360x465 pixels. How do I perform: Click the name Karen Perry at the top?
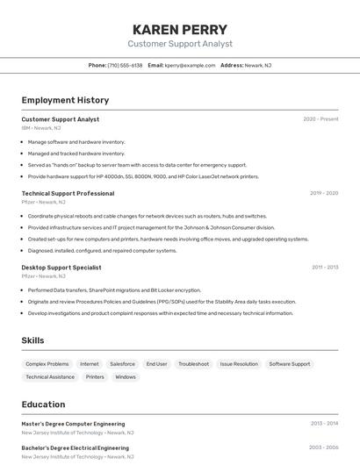click(x=180, y=29)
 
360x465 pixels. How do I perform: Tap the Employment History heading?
click(x=65, y=100)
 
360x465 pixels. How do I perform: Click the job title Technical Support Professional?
click(x=68, y=193)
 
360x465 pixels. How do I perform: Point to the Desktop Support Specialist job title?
click(x=61, y=267)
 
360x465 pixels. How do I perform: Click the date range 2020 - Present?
click(x=320, y=119)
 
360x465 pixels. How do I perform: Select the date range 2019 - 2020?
click(x=323, y=193)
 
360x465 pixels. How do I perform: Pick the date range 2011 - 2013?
click(x=324, y=267)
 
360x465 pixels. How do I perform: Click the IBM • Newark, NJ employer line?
click(x=41, y=128)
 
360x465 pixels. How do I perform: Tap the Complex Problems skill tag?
click(x=47, y=363)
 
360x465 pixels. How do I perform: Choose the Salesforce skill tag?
click(x=122, y=363)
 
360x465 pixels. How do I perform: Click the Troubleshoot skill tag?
click(x=193, y=363)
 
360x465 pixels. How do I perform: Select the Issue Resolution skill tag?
click(x=239, y=363)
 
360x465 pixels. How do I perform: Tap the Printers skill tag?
click(x=95, y=376)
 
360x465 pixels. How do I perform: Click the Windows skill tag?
click(x=126, y=376)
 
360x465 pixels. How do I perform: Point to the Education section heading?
click(x=43, y=404)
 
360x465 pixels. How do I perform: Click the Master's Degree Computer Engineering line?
click(x=73, y=424)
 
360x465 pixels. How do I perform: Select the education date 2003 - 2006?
click(x=323, y=447)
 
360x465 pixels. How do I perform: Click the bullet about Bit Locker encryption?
click(x=114, y=290)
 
